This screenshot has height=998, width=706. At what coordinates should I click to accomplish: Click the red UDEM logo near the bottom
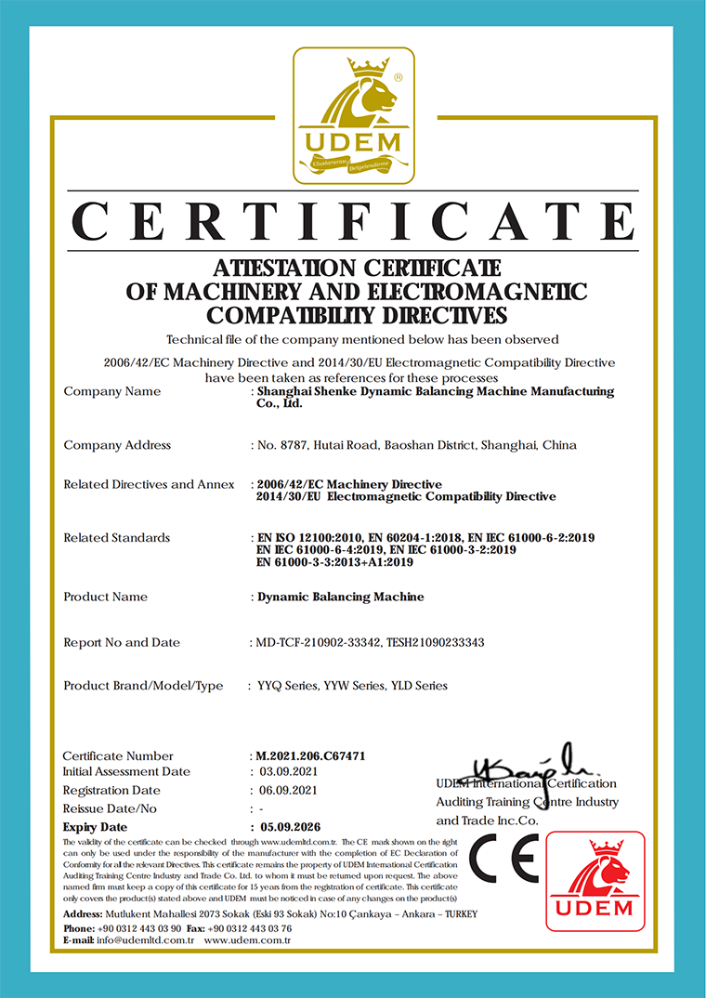click(595, 880)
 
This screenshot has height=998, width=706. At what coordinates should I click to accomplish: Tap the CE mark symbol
click(503, 859)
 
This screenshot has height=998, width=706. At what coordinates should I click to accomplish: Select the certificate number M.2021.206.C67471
click(310, 756)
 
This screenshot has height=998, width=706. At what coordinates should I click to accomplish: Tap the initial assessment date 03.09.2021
click(290, 772)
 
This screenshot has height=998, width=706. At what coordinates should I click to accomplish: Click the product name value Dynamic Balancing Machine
click(341, 597)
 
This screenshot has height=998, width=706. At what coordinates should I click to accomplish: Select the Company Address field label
click(117, 445)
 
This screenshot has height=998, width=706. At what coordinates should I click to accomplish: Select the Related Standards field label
click(117, 538)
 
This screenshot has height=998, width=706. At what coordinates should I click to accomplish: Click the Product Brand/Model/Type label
click(143, 686)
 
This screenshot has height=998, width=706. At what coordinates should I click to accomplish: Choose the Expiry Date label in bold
click(95, 827)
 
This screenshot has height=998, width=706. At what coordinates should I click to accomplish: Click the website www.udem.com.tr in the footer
click(248, 940)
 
